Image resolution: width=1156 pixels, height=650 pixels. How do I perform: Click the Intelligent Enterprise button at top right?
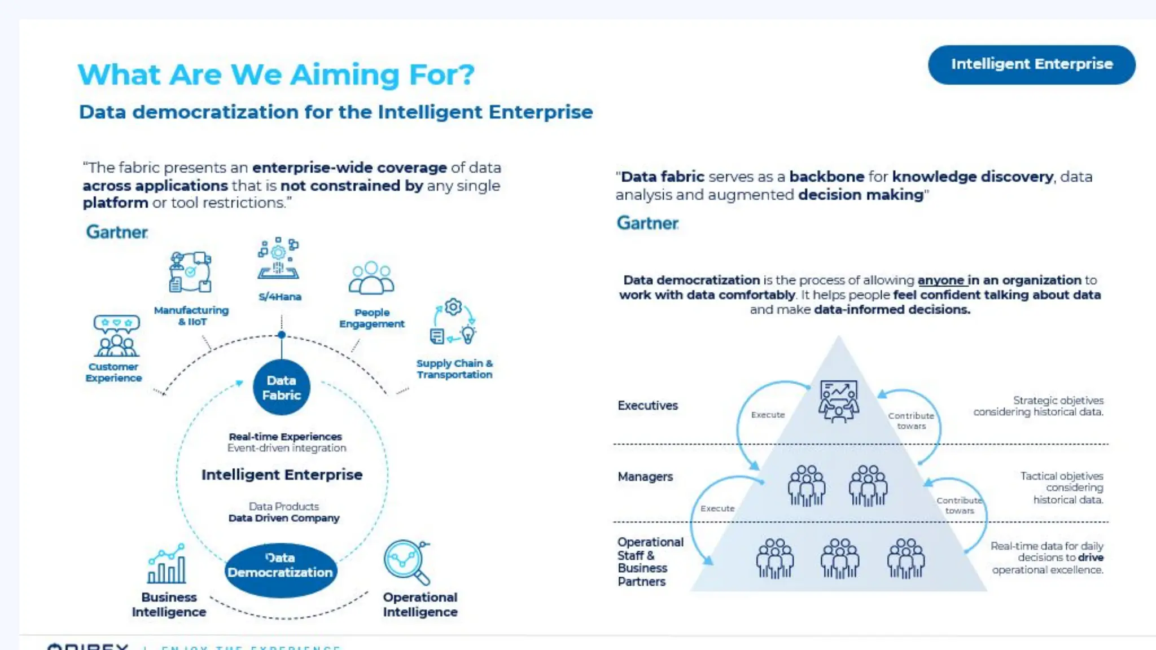click(1031, 64)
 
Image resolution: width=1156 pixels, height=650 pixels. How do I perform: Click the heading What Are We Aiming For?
click(276, 74)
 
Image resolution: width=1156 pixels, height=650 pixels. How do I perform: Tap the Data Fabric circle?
click(281, 388)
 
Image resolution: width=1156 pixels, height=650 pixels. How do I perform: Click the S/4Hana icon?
click(278, 260)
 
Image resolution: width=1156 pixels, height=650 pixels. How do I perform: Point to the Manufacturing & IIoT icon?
click(191, 272)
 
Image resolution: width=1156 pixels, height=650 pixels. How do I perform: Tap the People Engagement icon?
click(371, 278)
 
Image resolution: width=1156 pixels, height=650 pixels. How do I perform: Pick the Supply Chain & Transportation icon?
click(454, 322)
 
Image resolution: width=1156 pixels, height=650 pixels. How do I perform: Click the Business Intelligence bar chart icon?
click(167, 564)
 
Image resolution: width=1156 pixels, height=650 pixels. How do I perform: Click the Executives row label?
click(647, 406)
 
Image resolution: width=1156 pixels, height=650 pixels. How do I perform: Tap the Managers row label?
click(645, 477)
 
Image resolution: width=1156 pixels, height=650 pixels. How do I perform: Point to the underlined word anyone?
click(941, 280)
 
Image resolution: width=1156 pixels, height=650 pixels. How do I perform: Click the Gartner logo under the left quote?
click(117, 232)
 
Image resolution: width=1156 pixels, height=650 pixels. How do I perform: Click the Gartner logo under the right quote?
click(647, 223)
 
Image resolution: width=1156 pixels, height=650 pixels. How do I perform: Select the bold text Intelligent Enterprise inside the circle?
click(282, 475)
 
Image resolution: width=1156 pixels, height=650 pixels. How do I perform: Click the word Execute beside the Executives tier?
click(768, 415)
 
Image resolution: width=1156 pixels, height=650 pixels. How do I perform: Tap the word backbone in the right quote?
click(826, 177)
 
